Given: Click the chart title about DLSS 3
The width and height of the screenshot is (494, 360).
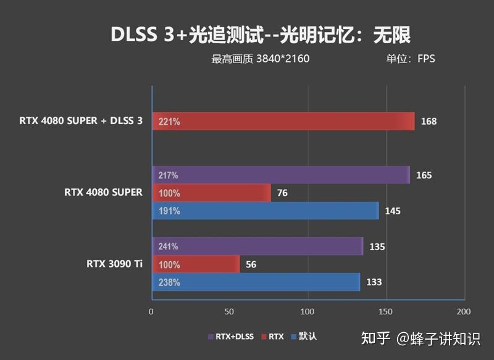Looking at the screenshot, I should pyautogui.click(x=260, y=35).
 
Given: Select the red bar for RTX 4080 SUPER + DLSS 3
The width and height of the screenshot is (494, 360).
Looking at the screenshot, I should pyautogui.click(x=284, y=122).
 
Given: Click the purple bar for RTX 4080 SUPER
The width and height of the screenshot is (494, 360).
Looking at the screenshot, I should pyautogui.click(x=282, y=175).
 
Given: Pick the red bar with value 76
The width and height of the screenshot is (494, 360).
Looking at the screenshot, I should pyautogui.click(x=212, y=193).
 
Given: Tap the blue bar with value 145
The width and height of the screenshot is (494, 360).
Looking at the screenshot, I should pyautogui.click(x=266, y=211).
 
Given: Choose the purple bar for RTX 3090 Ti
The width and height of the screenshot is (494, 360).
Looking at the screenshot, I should pyautogui.click(x=258, y=246).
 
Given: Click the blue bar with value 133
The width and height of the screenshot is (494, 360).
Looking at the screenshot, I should pyautogui.click(x=256, y=282).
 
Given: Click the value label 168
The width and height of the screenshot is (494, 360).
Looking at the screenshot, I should pyautogui.click(x=429, y=122).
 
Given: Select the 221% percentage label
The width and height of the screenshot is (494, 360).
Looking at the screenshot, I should pyautogui.click(x=169, y=122).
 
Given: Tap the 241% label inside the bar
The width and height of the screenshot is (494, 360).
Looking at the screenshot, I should pyautogui.click(x=169, y=246).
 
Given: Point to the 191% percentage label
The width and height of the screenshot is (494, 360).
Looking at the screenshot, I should pyautogui.click(x=169, y=211).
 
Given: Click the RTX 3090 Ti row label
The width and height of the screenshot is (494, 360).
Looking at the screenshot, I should pyautogui.click(x=115, y=264).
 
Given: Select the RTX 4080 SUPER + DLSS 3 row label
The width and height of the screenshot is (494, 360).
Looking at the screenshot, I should pyautogui.click(x=80, y=121).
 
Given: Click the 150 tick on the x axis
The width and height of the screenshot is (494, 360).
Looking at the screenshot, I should pyautogui.click(x=386, y=311).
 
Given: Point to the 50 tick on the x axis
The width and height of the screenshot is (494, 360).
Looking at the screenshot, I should pyautogui.click(x=229, y=311).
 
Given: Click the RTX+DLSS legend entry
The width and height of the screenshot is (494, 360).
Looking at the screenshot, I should pyautogui.click(x=231, y=337).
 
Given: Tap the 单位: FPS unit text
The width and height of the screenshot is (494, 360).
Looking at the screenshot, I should pyautogui.click(x=411, y=59).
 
